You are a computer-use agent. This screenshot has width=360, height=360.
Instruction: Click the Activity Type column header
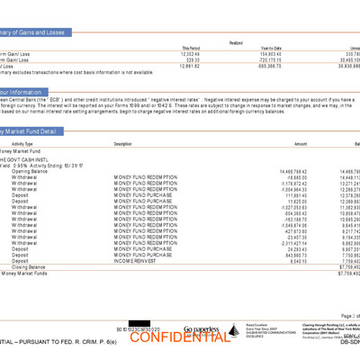[22, 144]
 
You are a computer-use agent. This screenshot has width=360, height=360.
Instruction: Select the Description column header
[123, 144]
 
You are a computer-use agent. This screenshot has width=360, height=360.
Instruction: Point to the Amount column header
[300, 144]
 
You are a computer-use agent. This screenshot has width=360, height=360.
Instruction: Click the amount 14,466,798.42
[288, 171]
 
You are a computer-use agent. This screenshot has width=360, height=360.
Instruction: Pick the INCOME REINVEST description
[135, 261]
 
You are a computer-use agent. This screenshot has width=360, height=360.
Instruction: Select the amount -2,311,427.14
[289, 243]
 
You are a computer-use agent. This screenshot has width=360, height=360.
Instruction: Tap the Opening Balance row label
[30, 171]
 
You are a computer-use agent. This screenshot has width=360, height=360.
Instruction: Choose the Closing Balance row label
[29, 266]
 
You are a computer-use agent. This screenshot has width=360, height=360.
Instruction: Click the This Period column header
[192, 48]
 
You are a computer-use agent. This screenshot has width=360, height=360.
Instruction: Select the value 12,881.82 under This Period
[191, 66]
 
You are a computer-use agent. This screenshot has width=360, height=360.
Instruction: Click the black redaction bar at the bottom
[144, 323]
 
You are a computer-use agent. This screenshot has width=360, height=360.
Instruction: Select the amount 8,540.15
[292, 261]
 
